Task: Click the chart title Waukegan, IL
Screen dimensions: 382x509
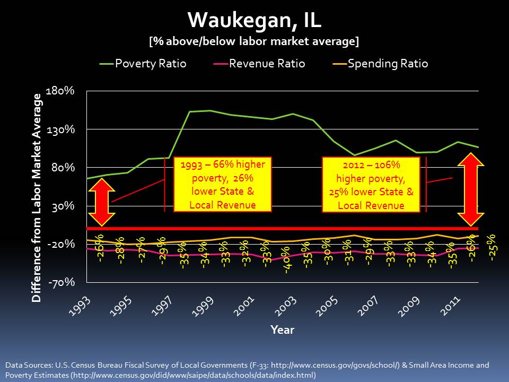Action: [x=254, y=21]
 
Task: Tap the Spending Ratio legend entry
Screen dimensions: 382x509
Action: [x=380, y=64]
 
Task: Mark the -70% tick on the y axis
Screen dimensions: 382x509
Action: [x=67, y=283]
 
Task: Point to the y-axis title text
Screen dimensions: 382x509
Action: [x=37, y=197]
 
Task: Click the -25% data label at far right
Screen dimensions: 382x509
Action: [x=492, y=247]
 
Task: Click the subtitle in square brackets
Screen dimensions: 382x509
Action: [x=254, y=41]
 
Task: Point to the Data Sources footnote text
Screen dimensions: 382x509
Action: [x=247, y=370]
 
